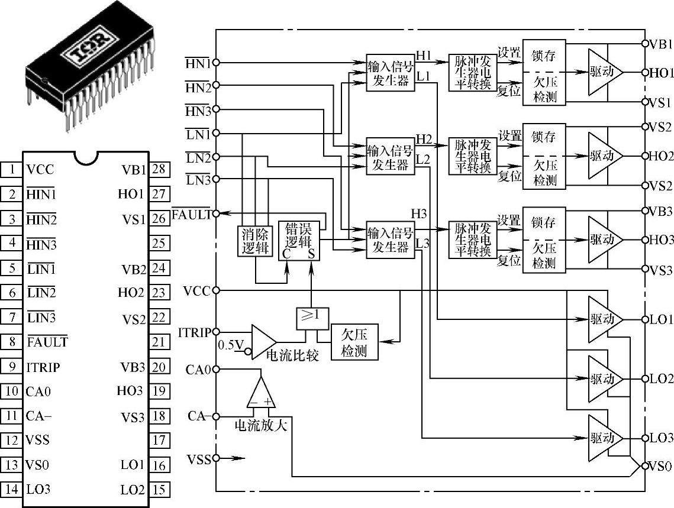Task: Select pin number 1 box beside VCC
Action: (11, 170)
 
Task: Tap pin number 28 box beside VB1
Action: (159, 170)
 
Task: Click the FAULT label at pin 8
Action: (47, 342)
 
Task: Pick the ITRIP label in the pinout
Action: (43, 367)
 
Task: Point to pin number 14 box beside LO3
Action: (11, 489)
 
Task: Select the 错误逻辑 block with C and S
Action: (299, 241)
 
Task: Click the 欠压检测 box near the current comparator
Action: (354, 342)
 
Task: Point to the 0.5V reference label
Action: (231, 344)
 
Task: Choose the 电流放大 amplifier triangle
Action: (261, 393)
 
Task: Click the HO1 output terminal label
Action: (660, 73)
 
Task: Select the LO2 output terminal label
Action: (661, 378)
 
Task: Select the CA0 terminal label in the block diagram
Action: (198, 369)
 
